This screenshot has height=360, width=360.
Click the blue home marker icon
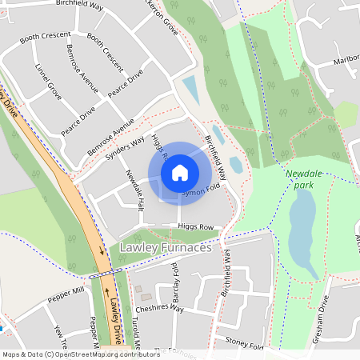coord(180,172)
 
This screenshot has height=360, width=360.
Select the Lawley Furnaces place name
coord(165,249)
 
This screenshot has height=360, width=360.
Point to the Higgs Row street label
coord(196,227)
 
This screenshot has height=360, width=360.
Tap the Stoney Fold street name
coord(244,346)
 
